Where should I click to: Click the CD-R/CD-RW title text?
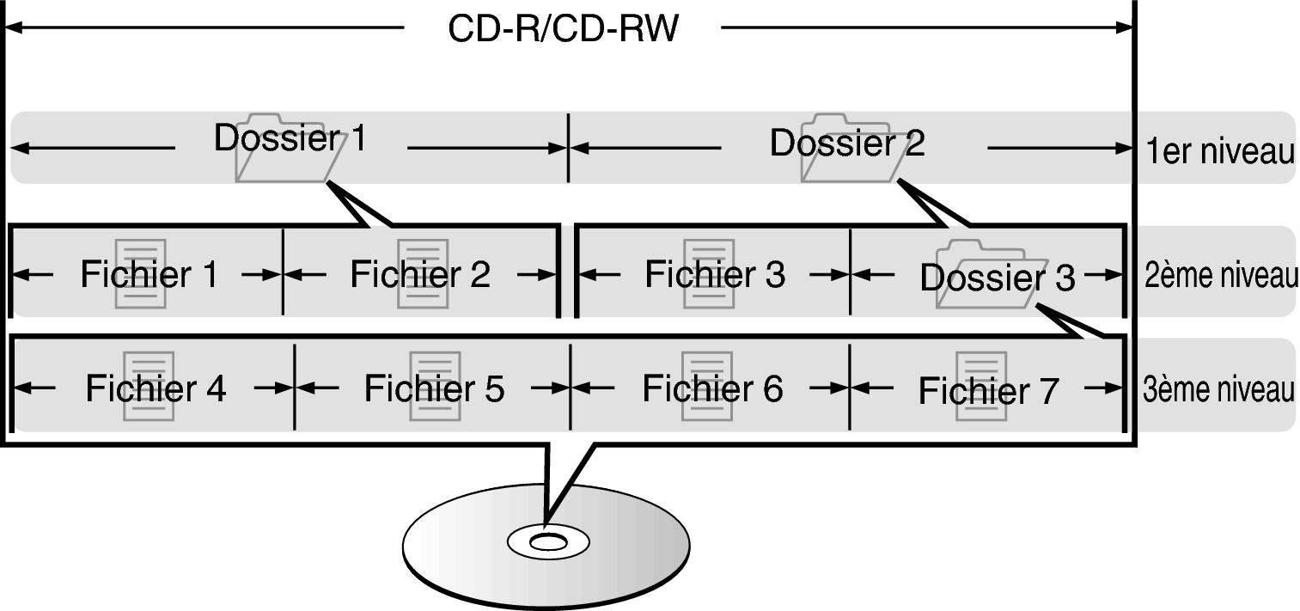563,28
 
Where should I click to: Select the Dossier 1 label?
290,138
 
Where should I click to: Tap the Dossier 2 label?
847,144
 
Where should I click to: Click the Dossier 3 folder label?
997,278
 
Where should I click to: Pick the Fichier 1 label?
149,274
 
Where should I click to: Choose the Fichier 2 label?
420,274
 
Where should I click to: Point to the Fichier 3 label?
714,274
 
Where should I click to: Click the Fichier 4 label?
155,388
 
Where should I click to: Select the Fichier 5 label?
434,388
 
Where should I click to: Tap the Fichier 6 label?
712,388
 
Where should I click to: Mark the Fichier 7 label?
988,391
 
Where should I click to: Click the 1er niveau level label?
1219,152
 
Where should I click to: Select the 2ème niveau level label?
1219,277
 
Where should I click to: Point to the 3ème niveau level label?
1218,389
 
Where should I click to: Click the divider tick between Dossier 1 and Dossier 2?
568,148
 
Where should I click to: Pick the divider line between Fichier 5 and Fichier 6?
570,388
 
